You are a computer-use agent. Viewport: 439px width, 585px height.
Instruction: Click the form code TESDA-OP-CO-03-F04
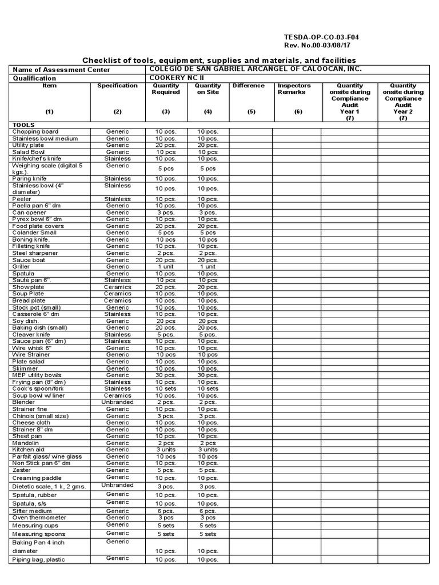point(321,37)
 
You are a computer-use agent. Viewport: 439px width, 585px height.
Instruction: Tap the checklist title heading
point(219,61)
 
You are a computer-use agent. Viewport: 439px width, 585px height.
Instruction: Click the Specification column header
point(117,86)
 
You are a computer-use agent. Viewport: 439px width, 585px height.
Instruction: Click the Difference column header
point(249,86)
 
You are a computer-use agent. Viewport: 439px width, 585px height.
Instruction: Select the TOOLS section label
point(23,125)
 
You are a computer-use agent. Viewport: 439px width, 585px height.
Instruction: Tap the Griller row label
point(23,267)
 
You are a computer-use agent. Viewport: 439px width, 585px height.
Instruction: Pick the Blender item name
point(23,402)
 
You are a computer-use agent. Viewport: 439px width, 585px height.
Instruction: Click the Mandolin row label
point(26,443)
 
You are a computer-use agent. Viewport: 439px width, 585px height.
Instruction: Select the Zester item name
point(22,470)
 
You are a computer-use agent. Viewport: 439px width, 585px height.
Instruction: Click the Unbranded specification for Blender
point(117,402)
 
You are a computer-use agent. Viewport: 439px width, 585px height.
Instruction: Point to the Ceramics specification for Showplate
point(117,287)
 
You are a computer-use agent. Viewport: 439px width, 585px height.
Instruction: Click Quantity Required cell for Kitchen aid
point(166,450)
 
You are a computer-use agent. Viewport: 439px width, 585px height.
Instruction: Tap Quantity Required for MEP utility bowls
point(166,375)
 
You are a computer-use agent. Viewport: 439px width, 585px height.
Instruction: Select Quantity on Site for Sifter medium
point(208,511)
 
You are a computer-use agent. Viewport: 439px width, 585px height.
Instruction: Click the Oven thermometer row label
point(39,518)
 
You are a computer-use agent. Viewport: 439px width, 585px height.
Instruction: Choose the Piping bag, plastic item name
point(39,560)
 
